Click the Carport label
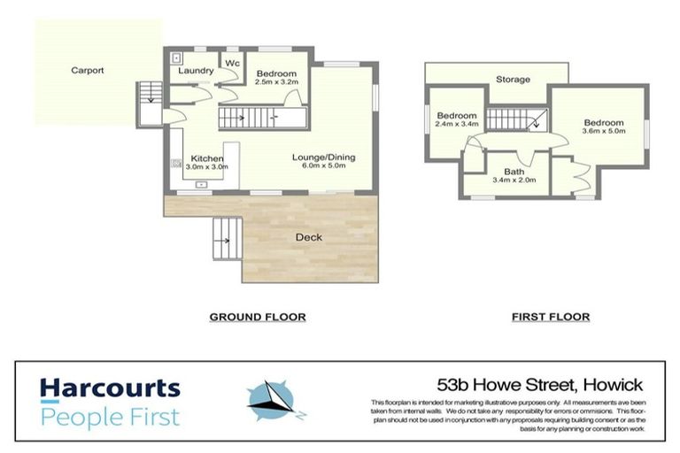pos(89,69)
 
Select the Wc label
pos(232,64)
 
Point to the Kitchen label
pos(208,157)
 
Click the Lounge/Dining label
pos(324,157)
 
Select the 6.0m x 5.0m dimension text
pos(324,167)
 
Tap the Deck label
pos(309,237)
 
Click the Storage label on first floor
pos(513,80)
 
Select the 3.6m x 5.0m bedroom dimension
pos(603,132)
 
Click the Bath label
pos(514,172)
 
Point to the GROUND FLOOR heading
pos(257,317)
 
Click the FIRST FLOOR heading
pos(551,317)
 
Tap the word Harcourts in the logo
pos(109,389)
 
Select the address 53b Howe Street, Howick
pos(540,386)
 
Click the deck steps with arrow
pos(225,239)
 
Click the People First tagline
pos(109,416)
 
